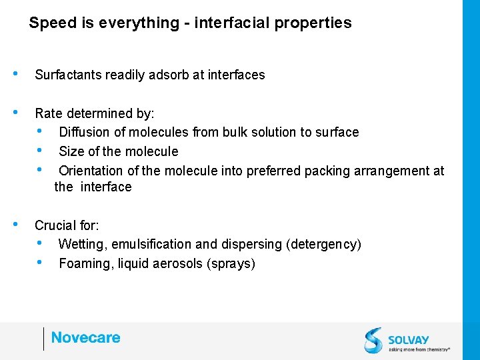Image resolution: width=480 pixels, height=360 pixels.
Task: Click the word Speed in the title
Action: pyautogui.click(x=51, y=23)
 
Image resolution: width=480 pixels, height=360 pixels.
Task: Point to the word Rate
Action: pyautogui.click(x=48, y=113)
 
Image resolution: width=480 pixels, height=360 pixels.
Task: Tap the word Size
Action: pyautogui.click(x=71, y=151)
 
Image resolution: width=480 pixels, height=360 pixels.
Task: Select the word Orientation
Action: pyautogui.click(x=90, y=171)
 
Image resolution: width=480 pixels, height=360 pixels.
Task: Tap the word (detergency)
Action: pyautogui.click(x=323, y=245)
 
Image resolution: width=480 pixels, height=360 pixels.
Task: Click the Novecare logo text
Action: pyautogui.click(x=85, y=338)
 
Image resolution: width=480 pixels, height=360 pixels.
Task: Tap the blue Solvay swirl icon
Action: pyautogui.click(x=373, y=340)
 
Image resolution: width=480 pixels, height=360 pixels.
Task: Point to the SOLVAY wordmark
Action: pyautogui.click(x=409, y=339)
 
